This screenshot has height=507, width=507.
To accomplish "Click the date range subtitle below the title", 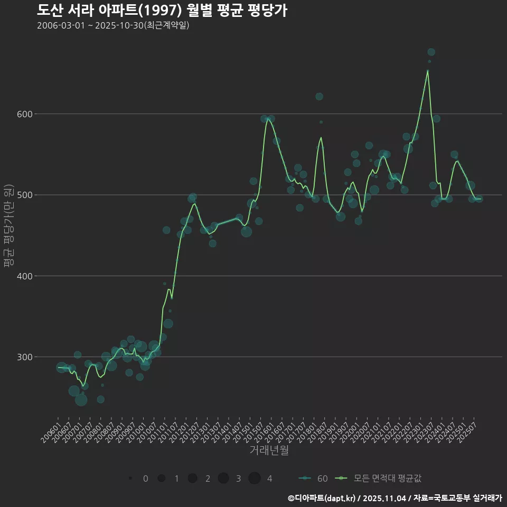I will [x=113, y=26].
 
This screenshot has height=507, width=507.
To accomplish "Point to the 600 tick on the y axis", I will [x=25, y=114].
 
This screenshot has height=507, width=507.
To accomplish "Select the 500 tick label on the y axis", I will [x=25, y=195].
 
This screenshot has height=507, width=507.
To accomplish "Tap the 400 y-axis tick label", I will [x=25, y=276].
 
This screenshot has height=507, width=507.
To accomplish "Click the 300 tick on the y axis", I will [x=25, y=357].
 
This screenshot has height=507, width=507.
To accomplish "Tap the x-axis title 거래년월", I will [x=269, y=450].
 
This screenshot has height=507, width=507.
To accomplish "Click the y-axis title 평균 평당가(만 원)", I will [x=8, y=226].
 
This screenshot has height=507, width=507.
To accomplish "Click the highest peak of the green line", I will [x=428, y=70].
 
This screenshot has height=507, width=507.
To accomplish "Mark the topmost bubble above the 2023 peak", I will [x=431, y=52].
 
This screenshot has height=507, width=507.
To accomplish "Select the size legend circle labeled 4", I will [x=255, y=478].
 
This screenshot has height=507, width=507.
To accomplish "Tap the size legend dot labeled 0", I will [x=130, y=478].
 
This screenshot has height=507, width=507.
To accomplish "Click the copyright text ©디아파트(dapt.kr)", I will [x=322, y=498].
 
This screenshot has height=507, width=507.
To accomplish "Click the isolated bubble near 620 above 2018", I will [x=319, y=97].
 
